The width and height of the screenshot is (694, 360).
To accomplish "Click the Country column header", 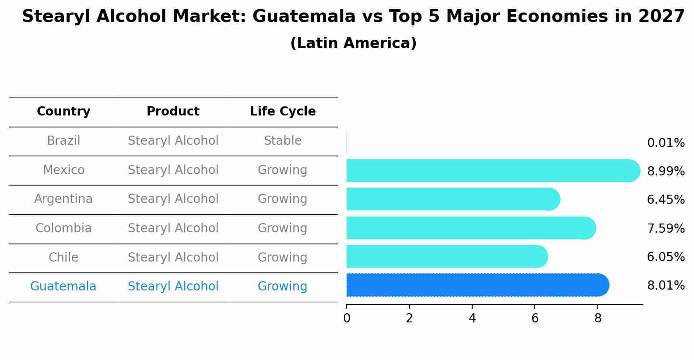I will tap(63, 112).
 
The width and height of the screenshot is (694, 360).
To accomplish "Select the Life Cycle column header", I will tap(283, 112).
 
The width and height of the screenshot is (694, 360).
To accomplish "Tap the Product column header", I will tap(173, 112).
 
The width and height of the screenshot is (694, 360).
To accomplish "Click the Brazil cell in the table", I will tap(63, 141).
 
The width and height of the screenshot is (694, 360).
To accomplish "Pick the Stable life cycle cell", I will tap(283, 141).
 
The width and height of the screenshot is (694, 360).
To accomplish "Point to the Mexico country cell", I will tap(63, 170).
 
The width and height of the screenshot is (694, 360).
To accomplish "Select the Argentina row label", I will tap(63, 199).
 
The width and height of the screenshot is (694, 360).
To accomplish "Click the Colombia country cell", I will tap(63, 228).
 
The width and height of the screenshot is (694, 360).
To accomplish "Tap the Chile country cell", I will tap(63, 258).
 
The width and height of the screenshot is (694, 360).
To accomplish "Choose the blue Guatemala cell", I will tap(63, 287).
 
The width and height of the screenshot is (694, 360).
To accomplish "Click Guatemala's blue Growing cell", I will tap(283, 287).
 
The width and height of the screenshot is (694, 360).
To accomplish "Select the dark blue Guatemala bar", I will tap(477, 285).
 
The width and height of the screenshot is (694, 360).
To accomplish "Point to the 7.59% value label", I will tap(666, 229).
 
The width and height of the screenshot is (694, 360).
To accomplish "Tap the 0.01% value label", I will tap(666, 143).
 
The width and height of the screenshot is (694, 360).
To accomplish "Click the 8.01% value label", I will tap(666, 286).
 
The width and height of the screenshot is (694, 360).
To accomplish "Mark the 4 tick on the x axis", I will tap(472, 318).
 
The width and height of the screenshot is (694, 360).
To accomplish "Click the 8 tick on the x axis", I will tap(598, 318).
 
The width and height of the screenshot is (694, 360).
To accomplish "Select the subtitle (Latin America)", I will tap(353, 43).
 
